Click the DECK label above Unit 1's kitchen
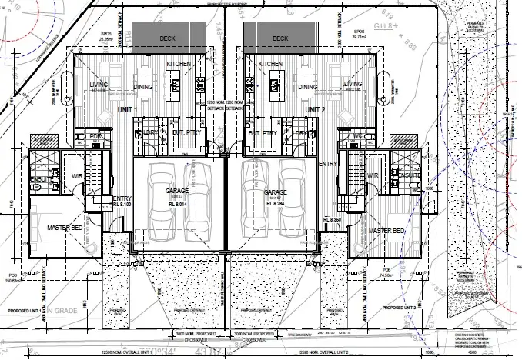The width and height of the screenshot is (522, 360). [168, 38]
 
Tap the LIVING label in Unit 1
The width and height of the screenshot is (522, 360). [99, 84]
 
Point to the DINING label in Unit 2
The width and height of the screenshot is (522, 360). [306, 87]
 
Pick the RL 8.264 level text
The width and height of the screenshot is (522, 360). [276, 204]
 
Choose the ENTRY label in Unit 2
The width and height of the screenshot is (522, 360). [326, 164]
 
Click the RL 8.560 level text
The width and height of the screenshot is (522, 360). [333, 220]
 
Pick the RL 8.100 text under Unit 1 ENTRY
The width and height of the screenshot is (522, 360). [123, 205]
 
